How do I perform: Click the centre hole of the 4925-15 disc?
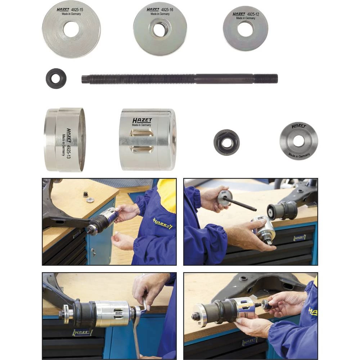point(71,29)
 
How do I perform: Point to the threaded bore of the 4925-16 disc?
point(159,29)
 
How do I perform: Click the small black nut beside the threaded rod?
point(56,78)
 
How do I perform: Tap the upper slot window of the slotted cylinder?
point(142,133)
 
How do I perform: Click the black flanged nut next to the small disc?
point(226,142)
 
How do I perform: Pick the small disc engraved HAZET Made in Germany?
point(298,141)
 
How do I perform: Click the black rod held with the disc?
point(243,204)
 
